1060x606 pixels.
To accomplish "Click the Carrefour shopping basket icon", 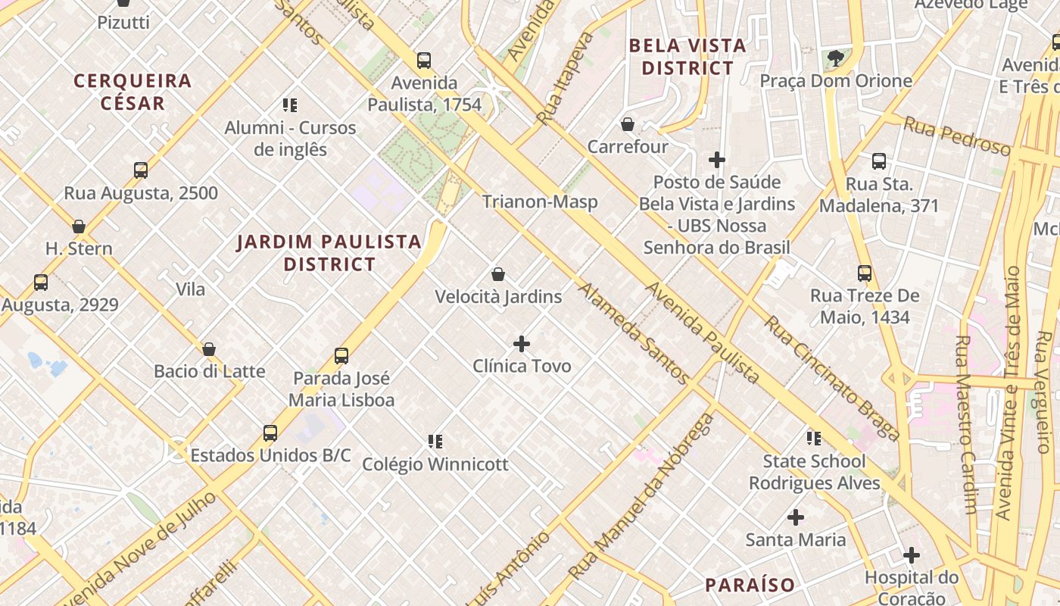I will tap(627, 124).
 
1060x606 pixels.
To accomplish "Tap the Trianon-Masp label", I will tap(540, 202).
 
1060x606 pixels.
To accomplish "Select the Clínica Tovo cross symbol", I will tap(522, 344).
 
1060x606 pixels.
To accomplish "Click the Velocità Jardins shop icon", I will tap(498, 274).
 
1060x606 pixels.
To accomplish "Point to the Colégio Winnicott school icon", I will tap(435, 441).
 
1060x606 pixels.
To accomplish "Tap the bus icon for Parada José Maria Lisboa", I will tap(341, 356).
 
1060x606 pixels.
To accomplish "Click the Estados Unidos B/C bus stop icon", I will tap(270, 433).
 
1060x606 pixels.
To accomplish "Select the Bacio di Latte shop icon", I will tap(209, 349).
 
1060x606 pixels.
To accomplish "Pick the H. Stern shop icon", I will tap(79, 226).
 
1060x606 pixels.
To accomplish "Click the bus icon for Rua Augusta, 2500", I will tap(141, 170).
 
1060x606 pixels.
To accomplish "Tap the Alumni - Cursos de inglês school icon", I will tap(290, 105).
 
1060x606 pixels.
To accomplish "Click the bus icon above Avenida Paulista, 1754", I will tap(424, 61).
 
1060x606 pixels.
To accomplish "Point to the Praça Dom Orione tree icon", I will tap(836, 58).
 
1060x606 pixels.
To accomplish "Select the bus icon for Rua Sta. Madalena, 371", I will tap(879, 161).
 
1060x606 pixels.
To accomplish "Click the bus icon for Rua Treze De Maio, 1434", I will tap(865, 273).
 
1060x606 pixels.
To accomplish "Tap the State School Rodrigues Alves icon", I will tap(814, 439).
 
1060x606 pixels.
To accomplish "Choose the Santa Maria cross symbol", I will tap(796, 517).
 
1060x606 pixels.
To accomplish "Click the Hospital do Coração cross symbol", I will tap(912, 555).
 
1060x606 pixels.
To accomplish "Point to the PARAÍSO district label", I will tap(750, 585).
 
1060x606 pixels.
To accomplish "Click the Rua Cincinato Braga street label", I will tap(831, 377).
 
